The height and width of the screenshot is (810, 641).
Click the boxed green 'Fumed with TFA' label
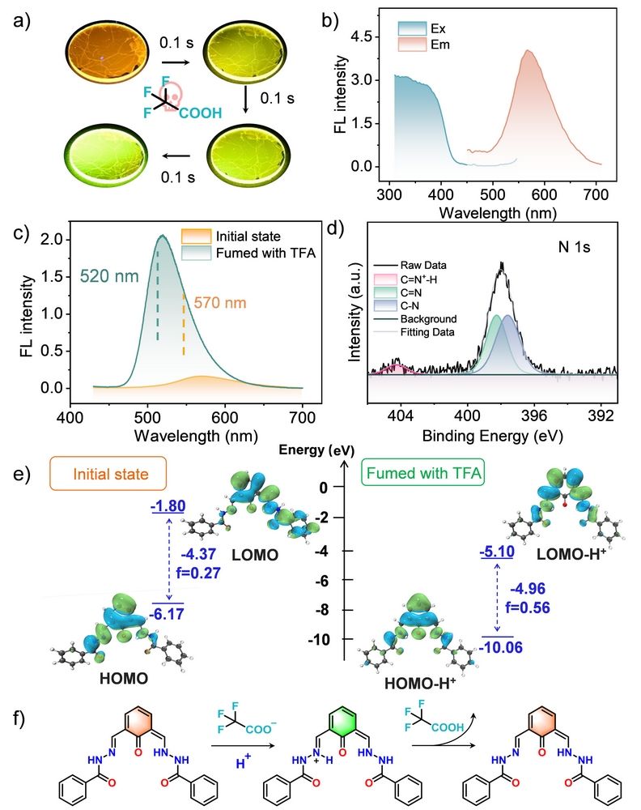pos(423,472)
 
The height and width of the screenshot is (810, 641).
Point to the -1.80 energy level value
pos(168,507)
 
